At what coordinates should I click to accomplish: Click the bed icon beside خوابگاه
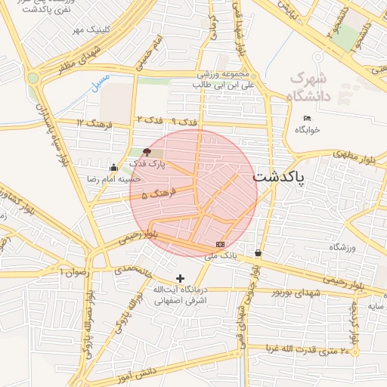(307, 118)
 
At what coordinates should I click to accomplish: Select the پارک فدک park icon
(147, 152)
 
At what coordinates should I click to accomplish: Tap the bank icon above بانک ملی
(220, 244)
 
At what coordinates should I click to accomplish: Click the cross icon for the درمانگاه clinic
(180, 278)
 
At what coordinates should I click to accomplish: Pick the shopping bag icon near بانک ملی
(259, 252)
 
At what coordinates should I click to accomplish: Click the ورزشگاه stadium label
(342, 247)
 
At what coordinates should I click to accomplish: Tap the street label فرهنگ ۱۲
(94, 122)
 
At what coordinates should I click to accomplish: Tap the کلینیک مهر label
(86, 29)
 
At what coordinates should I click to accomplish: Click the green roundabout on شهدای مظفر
(33, 77)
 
